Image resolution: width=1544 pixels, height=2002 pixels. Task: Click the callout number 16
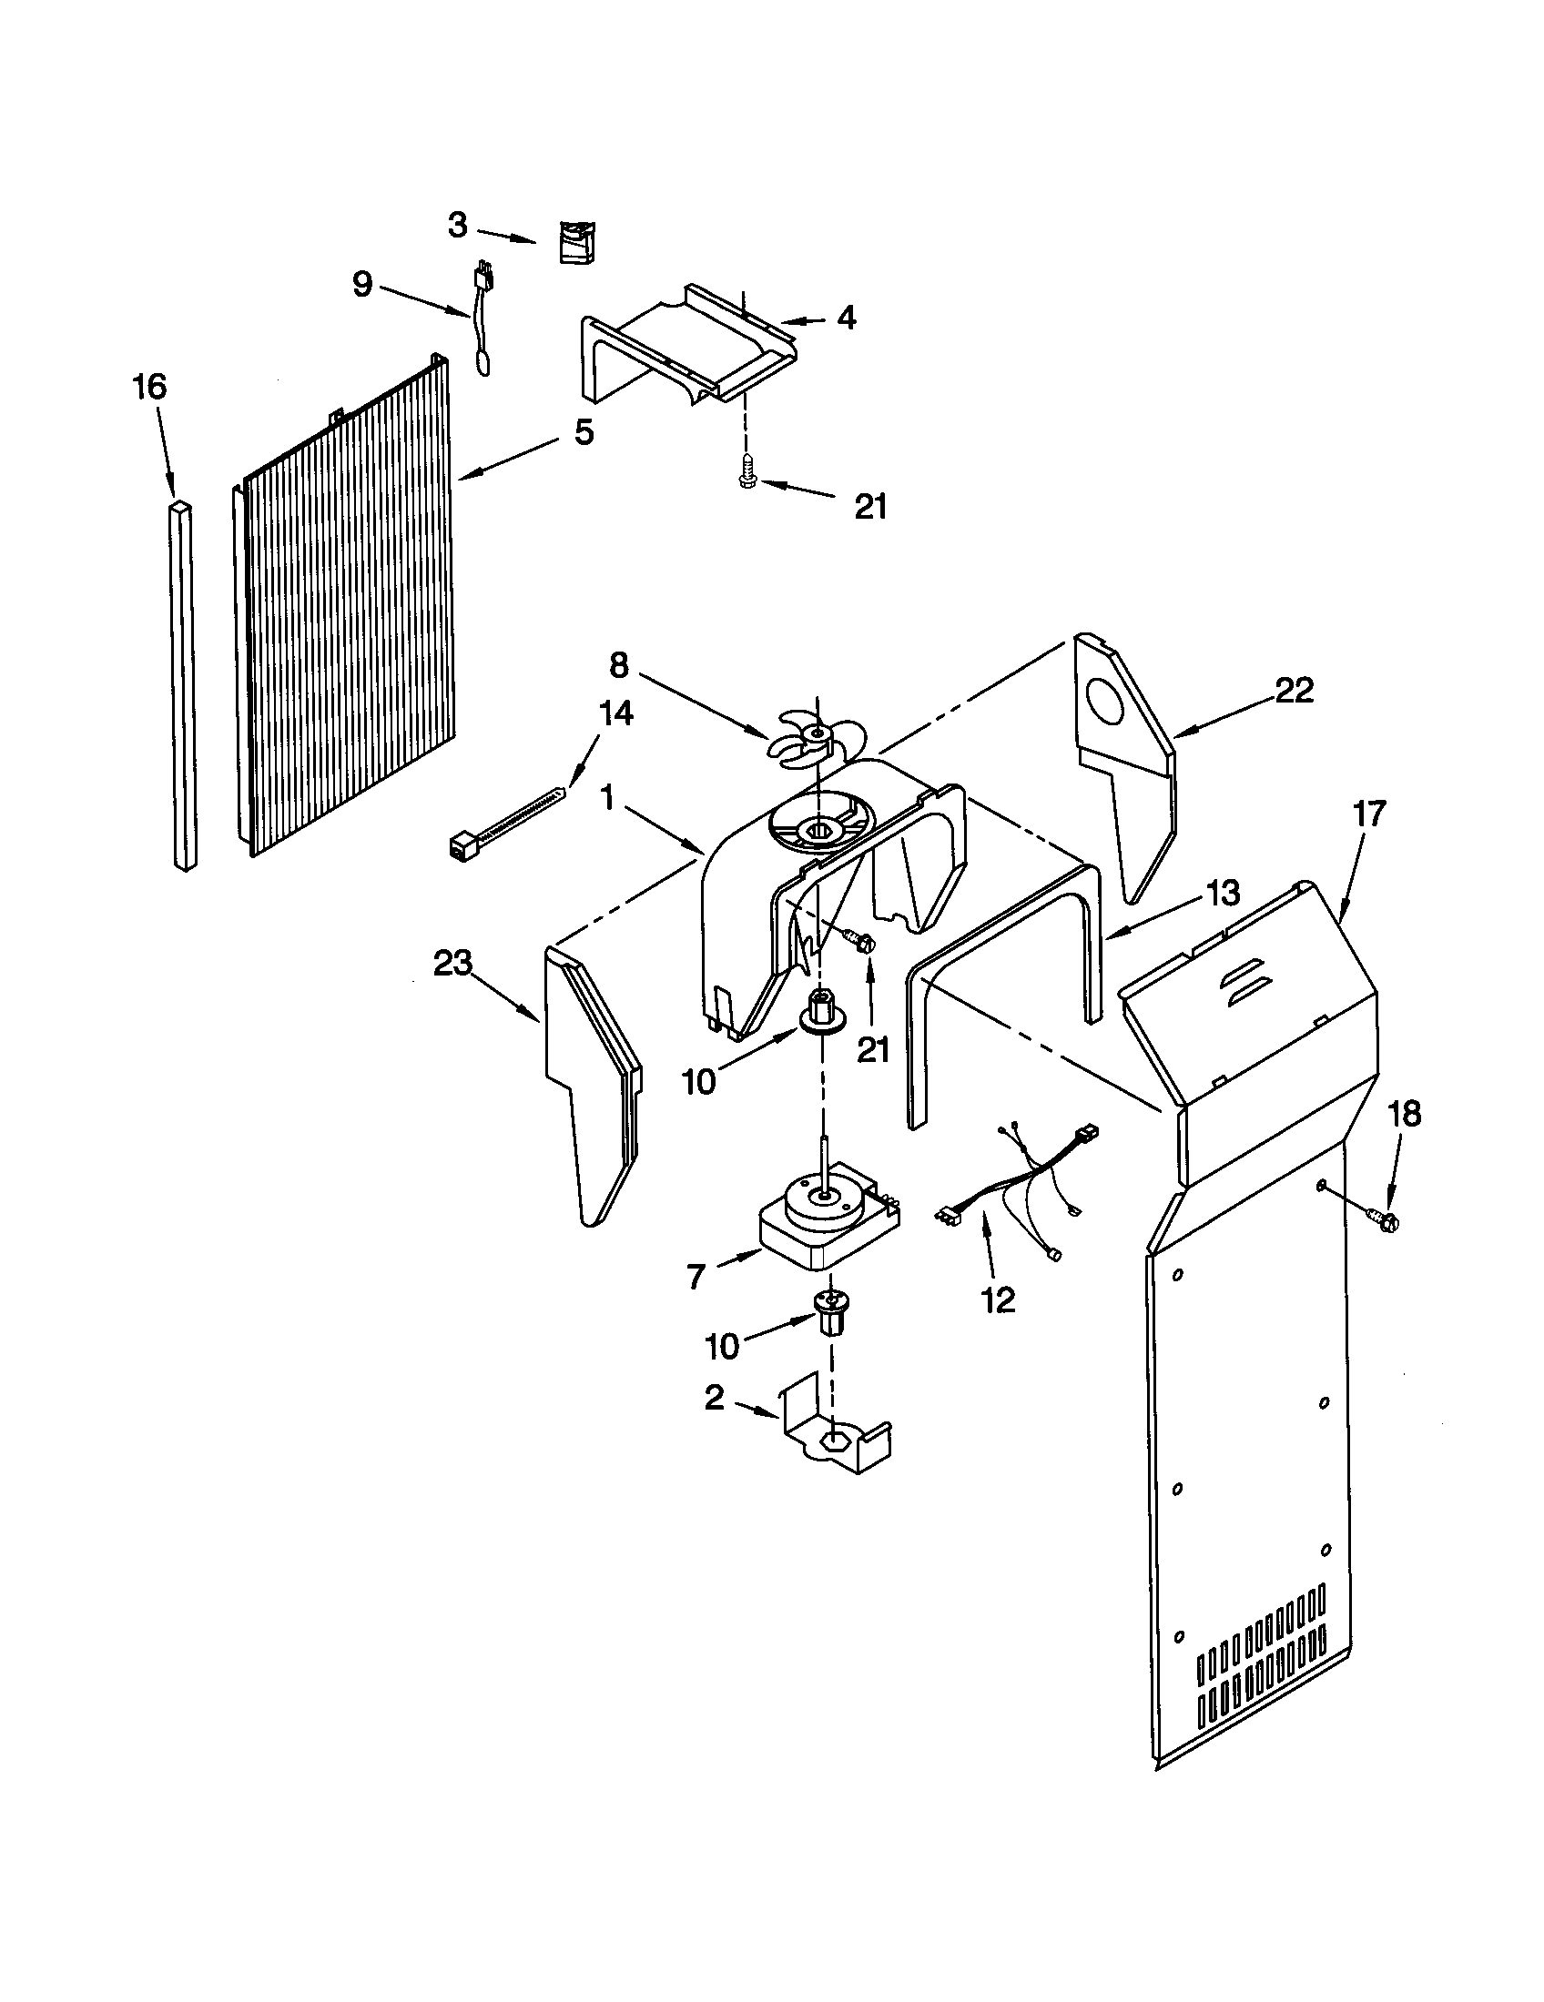click(149, 387)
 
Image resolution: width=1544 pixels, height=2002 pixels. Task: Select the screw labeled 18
click(1386, 1219)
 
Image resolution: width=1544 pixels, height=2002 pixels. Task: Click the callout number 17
click(1370, 813)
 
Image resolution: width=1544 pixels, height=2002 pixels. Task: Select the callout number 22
click(1295, 691)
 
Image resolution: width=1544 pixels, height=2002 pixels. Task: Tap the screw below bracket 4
click(746, 479)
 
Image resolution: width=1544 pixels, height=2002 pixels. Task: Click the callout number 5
click(584, 431)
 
